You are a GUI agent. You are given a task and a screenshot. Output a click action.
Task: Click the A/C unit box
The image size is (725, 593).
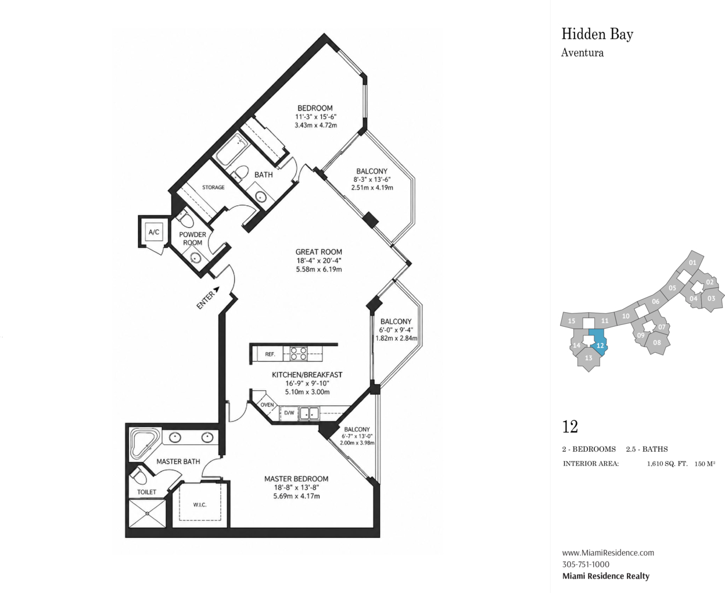[x=154, y=232]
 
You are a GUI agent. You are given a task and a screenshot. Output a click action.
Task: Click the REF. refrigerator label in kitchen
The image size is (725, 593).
[x=270, y=354]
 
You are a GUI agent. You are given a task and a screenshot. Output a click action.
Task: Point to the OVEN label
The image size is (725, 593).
[x=267, y=405]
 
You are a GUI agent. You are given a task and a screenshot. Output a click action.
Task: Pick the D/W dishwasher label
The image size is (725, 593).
[x=289, y=413]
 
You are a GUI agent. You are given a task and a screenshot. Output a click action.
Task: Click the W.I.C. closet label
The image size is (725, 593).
[x=200, y=505]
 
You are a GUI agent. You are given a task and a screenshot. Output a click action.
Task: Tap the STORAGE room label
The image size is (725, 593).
[x=213, y=187]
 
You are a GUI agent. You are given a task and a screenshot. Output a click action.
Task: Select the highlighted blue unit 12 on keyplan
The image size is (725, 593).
[x=598, y=343]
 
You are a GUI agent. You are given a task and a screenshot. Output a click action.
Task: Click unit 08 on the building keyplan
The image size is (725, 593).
[x=657, y=342]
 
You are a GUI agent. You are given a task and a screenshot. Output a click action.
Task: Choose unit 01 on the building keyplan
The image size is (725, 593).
[x=692, y=262]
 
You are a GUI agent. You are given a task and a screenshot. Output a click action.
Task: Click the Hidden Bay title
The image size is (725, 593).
[x=597, y=35]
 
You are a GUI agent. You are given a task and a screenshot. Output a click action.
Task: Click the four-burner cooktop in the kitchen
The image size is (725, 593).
[x=299, y=353]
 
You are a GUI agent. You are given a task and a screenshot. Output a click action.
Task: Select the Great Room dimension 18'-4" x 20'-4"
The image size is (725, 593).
[x=319, y=260]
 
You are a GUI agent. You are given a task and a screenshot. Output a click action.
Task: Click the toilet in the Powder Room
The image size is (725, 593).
[x=186, y=218]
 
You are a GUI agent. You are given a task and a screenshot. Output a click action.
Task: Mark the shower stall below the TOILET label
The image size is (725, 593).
[x=148, y=513]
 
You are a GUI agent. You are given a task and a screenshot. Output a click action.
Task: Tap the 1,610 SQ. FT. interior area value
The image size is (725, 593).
[x=667, y=464]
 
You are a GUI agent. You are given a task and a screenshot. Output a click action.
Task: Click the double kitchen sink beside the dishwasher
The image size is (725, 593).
[x=308, y=413]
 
